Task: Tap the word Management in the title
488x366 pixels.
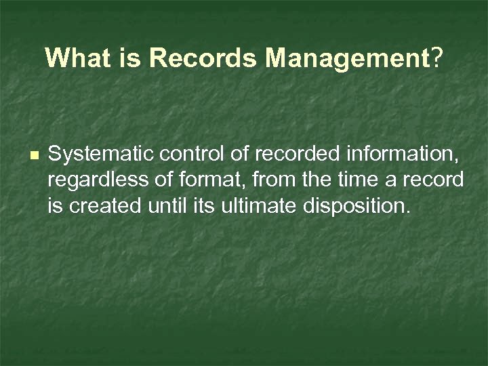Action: [x=347, y=58]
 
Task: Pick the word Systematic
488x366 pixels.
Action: [x=101, y=156]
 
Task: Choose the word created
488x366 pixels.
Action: [x=102, y=205]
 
